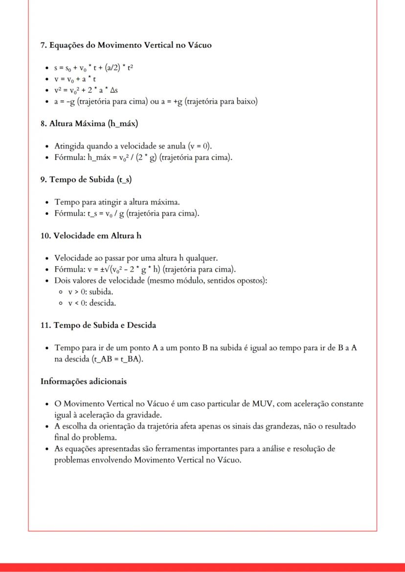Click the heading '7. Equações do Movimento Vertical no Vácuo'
coord(126,45)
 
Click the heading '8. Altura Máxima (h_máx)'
coord(89,124)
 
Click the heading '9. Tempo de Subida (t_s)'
coord(86,179)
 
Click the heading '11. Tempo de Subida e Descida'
coord(105,325)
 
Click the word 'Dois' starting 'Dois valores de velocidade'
coord(63,280)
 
